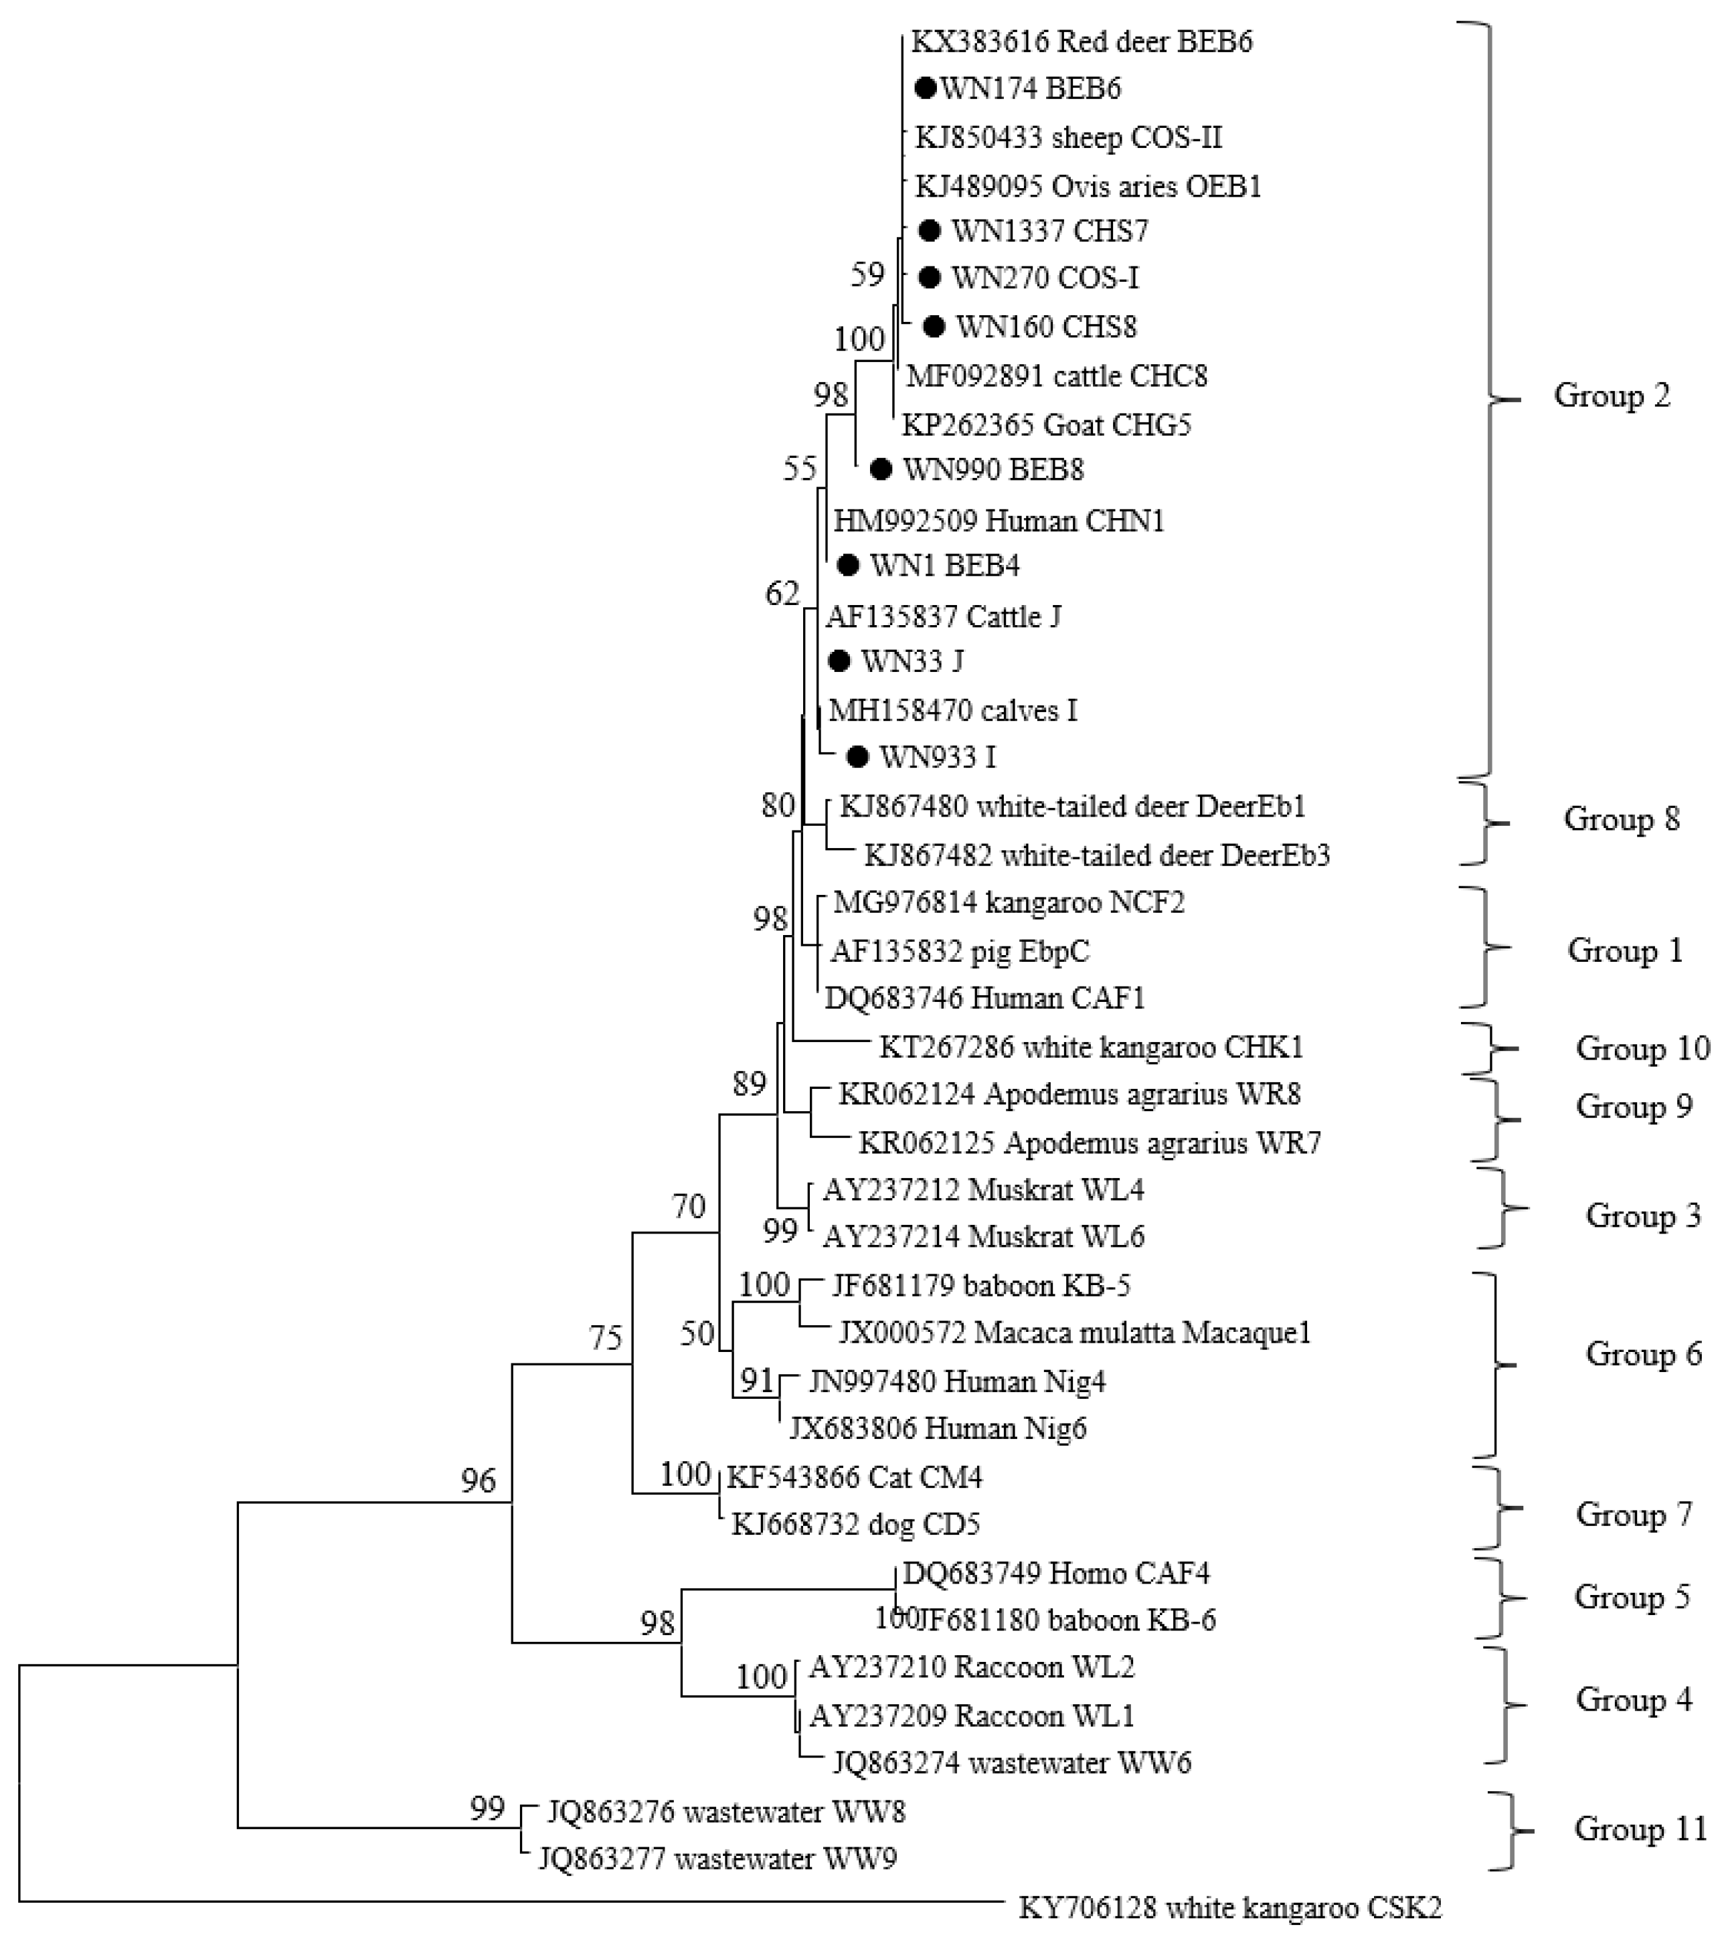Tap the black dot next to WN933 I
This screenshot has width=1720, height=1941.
click(x=857, y=757)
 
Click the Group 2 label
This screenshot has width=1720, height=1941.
click(x=1611, y=395)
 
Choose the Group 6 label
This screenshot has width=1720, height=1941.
click(x=1643, y=1353)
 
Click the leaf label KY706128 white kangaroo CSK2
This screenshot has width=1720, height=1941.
click(x=1230, y=1907)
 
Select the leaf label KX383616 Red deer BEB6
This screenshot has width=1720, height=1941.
click(x=1082, y=41)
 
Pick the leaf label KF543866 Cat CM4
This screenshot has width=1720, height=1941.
click(x=855, y=1476)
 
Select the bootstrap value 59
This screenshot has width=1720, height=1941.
click(x=867, y=274)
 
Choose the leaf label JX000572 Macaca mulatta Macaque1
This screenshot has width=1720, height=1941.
click(x=1074, y=1333)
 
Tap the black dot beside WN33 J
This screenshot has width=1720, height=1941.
click(x=839, y=661)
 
